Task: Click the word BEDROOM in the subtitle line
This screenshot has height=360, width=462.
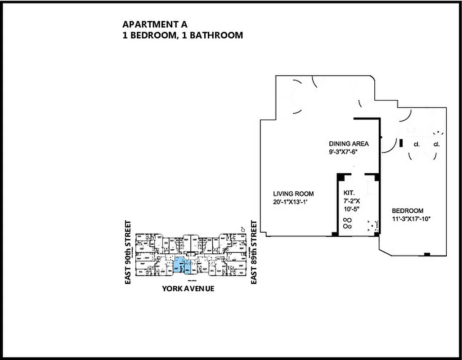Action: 153,35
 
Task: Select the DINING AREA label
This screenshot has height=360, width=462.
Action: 349,144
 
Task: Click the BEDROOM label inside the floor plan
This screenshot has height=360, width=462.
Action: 407,211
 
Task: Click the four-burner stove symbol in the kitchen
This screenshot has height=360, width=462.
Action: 347,223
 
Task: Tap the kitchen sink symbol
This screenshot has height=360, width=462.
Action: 372,226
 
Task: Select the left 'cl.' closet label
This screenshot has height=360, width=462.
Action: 417,144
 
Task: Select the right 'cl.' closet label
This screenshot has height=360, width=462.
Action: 436,144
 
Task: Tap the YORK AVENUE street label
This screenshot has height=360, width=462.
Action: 188,288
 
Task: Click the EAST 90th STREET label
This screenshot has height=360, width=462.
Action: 129,252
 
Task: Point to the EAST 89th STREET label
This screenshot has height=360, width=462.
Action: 254,252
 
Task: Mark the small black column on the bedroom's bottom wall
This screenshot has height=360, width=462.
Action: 427,255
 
